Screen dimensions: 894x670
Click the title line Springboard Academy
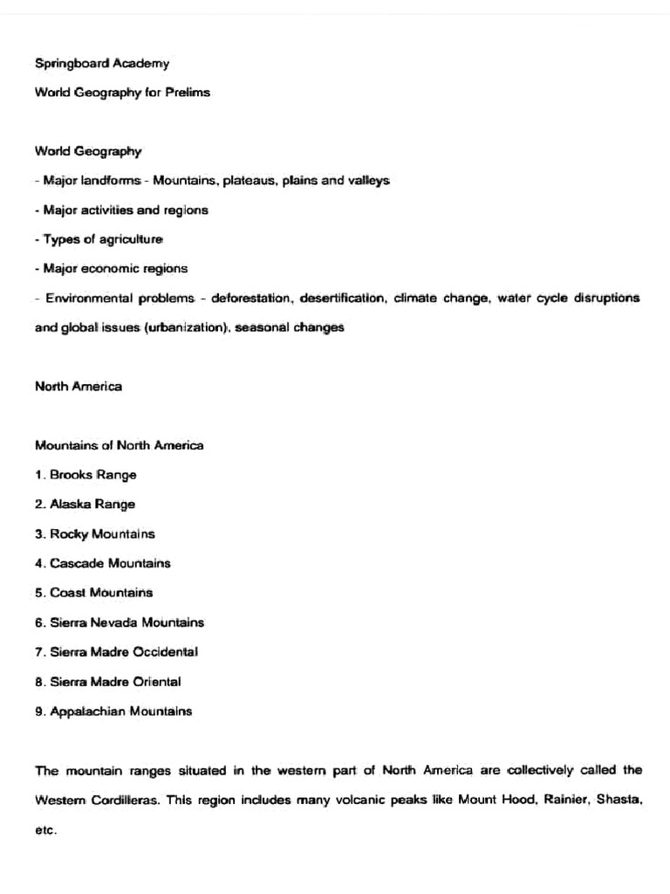click(102, 63)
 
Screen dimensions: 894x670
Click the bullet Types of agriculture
click(99, 239)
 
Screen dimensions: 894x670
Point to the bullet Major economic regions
click(111, 269)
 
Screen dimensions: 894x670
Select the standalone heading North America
click(79, 387)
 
